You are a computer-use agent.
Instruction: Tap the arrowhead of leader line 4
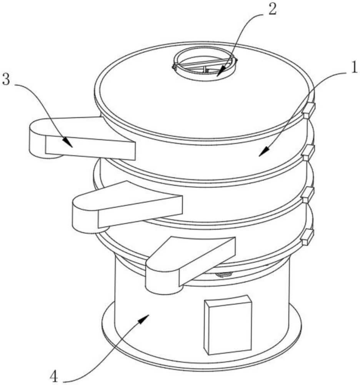144,318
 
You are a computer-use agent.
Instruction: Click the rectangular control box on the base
228,325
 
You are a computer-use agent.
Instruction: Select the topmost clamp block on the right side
309,110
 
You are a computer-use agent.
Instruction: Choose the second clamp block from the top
308,152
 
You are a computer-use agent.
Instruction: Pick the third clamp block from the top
308,195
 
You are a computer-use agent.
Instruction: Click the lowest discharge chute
190,262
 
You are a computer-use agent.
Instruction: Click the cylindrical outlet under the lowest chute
162,287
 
